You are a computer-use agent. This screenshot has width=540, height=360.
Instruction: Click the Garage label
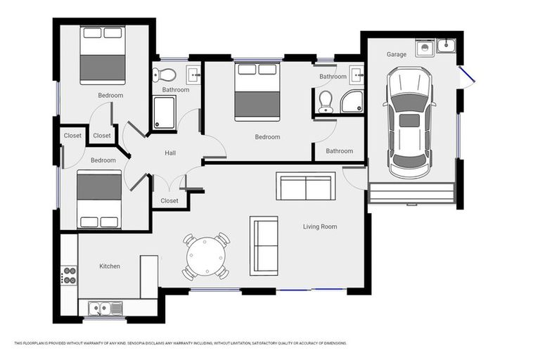tap(397, 54)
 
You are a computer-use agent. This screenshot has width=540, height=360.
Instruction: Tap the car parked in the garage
tap(409, 122)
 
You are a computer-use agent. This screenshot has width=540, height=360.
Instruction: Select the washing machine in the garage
tap(425, 48)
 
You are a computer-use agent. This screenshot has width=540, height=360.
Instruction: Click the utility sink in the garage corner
tap(446, 46)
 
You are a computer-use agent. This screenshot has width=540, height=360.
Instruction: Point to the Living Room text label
tap(320, 226)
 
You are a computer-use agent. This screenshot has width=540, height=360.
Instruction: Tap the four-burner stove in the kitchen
tap(69, 275)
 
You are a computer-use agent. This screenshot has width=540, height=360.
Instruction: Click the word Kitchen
tap(110, 266)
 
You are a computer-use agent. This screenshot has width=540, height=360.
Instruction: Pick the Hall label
tap(170, 153)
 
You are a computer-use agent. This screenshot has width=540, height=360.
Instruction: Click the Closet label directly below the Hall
tap(169, 200)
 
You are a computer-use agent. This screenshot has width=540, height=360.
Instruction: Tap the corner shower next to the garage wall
tap(352, 103)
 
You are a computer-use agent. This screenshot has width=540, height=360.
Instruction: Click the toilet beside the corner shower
tap(325, 102)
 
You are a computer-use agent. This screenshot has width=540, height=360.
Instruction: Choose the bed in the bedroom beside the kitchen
tap(99, 200)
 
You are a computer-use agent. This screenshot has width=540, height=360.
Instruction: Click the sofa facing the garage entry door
tap(306, 186)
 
